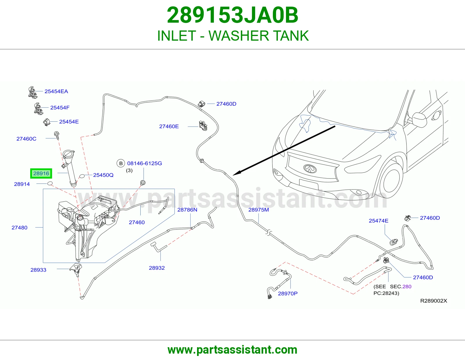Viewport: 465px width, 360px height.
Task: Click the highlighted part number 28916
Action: pos(41,173)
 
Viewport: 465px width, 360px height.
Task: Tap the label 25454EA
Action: pos(56,91)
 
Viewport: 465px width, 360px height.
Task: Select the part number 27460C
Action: pos(26,139)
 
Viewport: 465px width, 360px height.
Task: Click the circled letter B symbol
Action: pos(121,163)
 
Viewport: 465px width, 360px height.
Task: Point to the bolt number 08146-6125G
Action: pos(144,163)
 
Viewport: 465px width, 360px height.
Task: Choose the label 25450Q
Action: pos(103,175)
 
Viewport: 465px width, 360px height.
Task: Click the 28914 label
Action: pos(22,184)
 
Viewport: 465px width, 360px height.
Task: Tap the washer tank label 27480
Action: pos(19,227)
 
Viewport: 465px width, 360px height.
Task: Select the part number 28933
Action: pos(38,270)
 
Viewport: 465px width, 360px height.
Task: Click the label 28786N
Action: pos(187,210)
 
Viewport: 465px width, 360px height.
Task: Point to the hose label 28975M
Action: pos(258,210)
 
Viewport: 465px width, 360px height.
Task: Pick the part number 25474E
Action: pos(378,221)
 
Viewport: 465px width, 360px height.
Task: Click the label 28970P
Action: pos(288,294)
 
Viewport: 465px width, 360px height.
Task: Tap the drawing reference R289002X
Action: pos(434,301)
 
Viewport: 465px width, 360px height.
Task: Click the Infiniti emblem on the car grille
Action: pos(310,169)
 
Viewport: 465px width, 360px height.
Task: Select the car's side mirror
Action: pos(419,120)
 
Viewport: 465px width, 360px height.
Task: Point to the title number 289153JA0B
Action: pos(233,15)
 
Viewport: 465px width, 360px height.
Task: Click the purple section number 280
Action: pos(407,287)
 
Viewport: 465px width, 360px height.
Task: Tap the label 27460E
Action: pos(169,126)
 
